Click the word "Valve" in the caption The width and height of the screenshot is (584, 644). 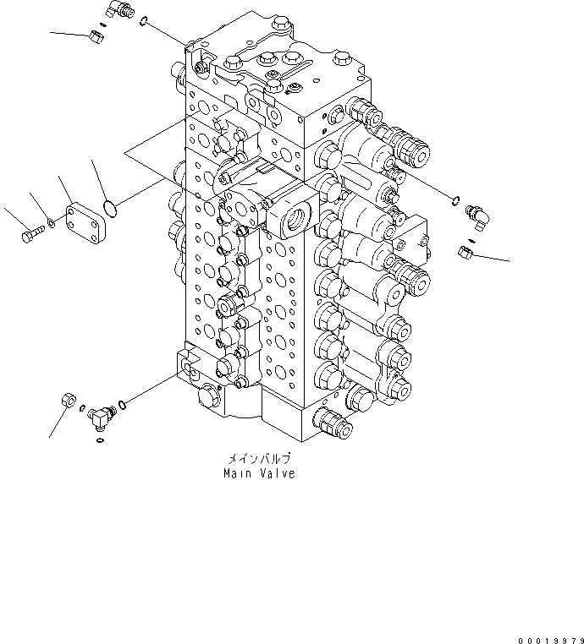click(277, 474)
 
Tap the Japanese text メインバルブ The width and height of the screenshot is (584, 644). click(258, 460)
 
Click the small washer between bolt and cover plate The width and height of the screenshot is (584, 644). click(52, 223)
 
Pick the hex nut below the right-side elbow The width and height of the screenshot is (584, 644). click(465, 251)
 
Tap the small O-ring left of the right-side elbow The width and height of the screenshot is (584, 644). click(456, 201)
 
